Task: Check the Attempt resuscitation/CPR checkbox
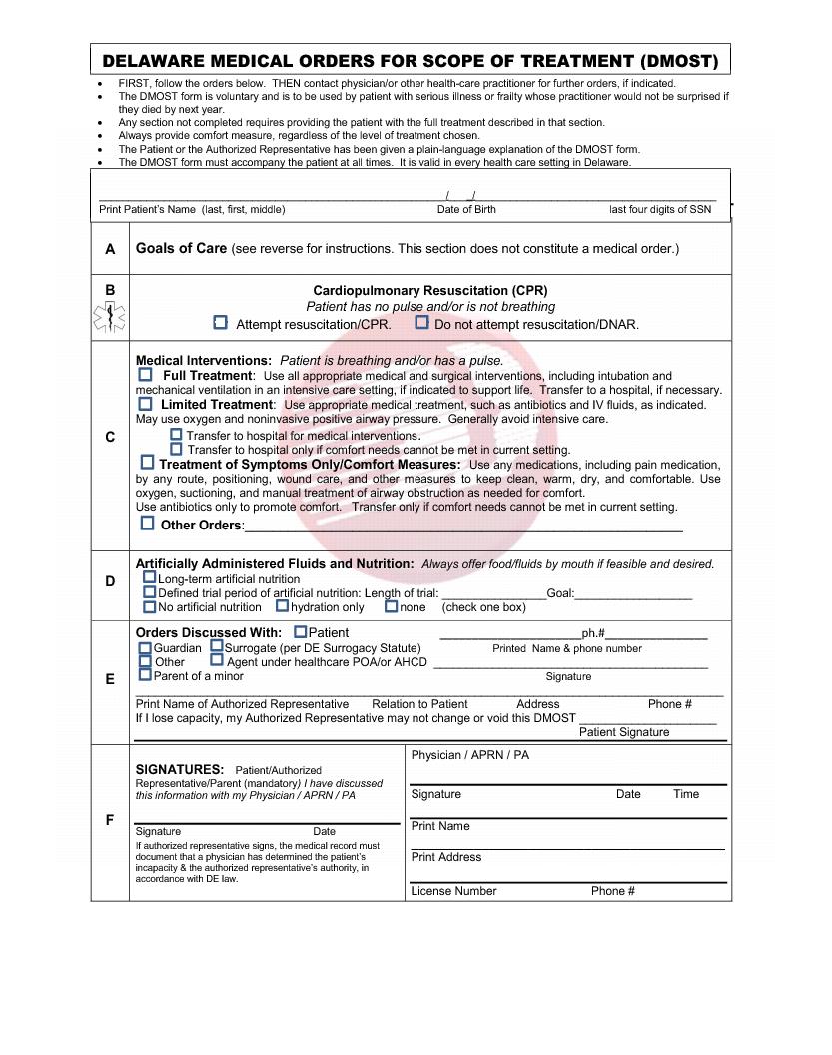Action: click(x=221, y=323)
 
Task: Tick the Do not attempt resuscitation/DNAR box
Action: click(x=422, y=323)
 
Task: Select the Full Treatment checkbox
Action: click(x=146, y=374)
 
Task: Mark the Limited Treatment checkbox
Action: click(x=146, y=404)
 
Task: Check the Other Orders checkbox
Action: click(x=148, y=523)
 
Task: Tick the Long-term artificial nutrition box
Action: click(x=149, y=577)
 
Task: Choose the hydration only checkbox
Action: click(x=283, y=605)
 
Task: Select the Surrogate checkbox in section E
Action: click(x=217, y=647)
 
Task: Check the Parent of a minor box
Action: click(x=146, y=675)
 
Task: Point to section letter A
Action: click(x=110, y=249)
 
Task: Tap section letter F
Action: click(x=110, y=820)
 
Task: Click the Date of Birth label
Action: click(x=466, y=210)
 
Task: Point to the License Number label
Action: click(x=453, y=891)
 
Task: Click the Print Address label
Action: click(x=446, y=857)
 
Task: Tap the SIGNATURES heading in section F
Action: click(x=179, y=770)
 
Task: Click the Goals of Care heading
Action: click(x=181, y=248)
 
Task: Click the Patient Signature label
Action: click(x=624, y=732)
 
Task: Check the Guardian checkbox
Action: click(x=146, y=647)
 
